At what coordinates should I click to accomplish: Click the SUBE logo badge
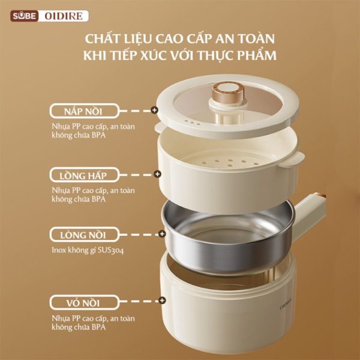tap(25, 16)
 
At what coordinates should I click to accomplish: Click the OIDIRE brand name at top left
tap(64, 16)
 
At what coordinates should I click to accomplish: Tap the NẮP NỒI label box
tap(84, 111)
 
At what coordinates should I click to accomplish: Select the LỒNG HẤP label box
tap(84, 175)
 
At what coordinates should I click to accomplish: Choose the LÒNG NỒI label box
tap(84, 235)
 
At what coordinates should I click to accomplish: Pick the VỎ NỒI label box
tap(84, 302)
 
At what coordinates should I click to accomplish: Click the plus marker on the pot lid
tap(155, 110)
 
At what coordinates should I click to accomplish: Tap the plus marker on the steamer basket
tap(157, 174)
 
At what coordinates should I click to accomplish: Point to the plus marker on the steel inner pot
tap(162, 234)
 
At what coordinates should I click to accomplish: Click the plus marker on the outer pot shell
tap(163, 301)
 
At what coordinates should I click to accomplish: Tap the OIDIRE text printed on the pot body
tap(286, 304)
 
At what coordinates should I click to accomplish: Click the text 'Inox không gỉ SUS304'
tap(88, 250)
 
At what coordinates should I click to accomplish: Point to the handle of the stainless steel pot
tap(310, 214)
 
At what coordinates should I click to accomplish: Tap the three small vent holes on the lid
tap(193, 122)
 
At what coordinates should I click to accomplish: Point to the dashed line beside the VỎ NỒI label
tap(140, 301)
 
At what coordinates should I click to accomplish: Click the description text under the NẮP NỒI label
tap(93, 131)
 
